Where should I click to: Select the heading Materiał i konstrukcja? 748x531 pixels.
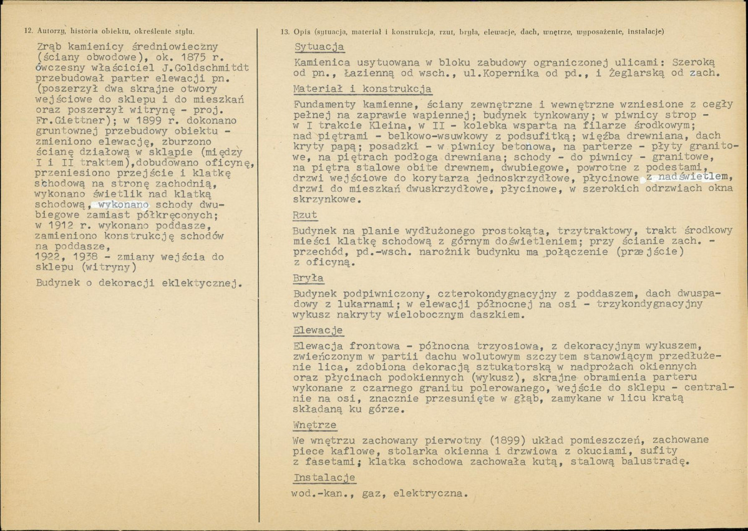tap(361, 89)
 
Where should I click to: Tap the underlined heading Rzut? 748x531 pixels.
tap(305, 215)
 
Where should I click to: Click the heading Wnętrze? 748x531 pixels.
tap(314, 426)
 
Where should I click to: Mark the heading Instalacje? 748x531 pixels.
tap(324, 478)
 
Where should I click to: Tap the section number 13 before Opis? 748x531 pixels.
tap(285, 31)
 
